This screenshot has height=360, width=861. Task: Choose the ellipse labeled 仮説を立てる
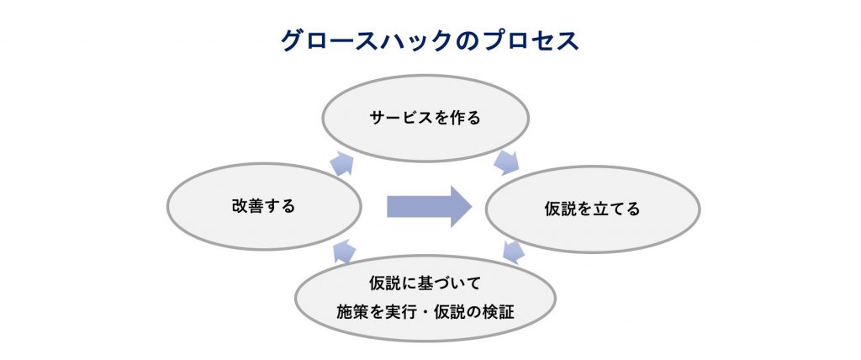click(x=593, y=209)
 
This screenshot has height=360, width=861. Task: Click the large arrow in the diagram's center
click(x=429, y=206)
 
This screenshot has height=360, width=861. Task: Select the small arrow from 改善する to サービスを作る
click(x=342, y=163)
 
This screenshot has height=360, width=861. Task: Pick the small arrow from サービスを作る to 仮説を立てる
click(x=506, y=162)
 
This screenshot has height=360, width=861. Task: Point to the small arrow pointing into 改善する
click(x=344, y=250)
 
